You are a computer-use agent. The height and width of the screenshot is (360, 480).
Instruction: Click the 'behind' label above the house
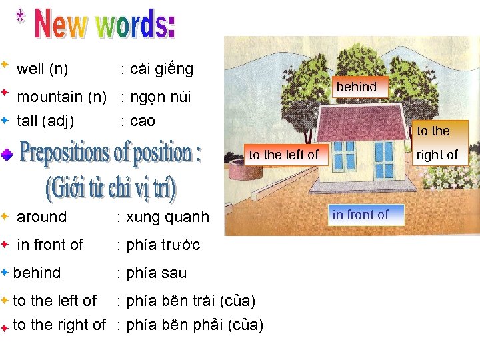click(357, 87)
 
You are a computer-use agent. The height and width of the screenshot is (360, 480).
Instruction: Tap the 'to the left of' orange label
click(283, 155)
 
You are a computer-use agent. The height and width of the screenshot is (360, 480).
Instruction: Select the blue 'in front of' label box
click(360, 215)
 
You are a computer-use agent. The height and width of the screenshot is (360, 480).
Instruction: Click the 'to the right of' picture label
click(437, 143)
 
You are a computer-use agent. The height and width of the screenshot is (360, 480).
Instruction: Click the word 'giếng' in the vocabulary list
click(175, 69)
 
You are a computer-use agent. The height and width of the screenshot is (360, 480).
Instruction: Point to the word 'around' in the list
click(41, 217)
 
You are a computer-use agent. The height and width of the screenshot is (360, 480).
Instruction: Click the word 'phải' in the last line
click(205, 325)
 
